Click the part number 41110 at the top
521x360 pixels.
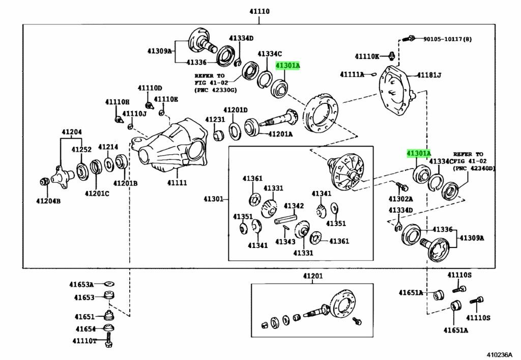pos(259,12)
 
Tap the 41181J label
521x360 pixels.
pos(429,75)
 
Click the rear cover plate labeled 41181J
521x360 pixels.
pos(397,92)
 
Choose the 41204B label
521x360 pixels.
pos(48,201)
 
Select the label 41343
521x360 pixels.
pos(285,242)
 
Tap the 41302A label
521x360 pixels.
pos(401,199)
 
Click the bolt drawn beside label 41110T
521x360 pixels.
pos(108,340)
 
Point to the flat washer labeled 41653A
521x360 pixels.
pos(108,284)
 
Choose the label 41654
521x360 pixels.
pos(85,329)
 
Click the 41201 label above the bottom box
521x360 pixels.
pos(313,276)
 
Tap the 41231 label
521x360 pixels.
pos(215,119)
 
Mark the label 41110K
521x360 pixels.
pos(367,56)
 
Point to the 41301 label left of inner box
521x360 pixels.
pos(214,198)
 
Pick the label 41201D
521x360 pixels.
pos(235,110)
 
